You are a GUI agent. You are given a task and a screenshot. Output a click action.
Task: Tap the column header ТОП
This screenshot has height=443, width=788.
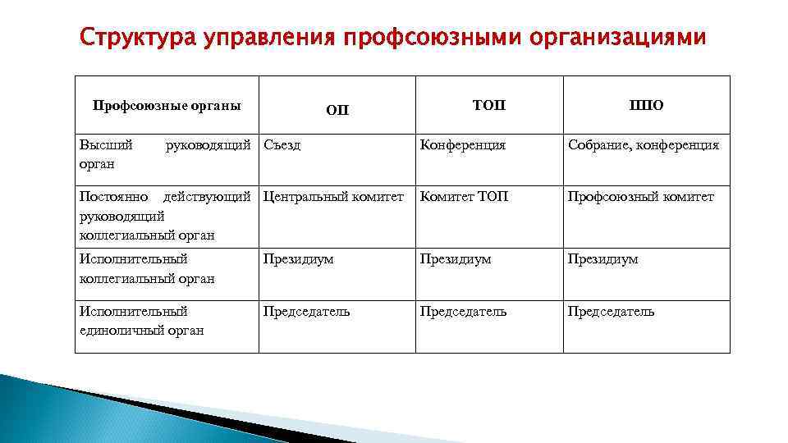pos(489,105)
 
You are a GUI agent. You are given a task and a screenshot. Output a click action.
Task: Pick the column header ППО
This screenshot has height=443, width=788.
pos(646,105)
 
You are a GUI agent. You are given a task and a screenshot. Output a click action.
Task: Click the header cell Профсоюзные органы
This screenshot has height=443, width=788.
pos(167,105)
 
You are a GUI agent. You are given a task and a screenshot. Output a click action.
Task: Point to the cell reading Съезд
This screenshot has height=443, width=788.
pos(282,145)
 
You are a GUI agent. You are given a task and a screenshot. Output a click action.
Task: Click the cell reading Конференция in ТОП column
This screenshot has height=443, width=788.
pos(462,145)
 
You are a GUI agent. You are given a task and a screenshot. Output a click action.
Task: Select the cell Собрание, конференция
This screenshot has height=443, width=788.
pos(644,145)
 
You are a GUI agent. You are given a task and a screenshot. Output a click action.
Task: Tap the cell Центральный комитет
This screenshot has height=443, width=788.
pos(333,197)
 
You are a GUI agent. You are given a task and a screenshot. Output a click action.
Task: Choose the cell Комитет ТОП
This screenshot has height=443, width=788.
pos(464,197)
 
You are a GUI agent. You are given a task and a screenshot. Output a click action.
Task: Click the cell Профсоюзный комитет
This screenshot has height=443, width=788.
pos(640,197)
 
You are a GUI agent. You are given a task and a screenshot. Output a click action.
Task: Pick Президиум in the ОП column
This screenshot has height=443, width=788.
pos(298,259)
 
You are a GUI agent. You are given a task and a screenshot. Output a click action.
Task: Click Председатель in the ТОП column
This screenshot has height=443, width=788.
pos(463,312)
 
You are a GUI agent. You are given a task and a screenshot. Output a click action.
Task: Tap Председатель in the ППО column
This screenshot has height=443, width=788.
pos(611,312)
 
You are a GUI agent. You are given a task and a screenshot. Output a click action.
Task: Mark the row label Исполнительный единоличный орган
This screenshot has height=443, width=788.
pos(140,321)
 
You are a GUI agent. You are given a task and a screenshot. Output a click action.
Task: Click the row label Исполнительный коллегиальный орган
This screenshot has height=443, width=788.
pos(146,268)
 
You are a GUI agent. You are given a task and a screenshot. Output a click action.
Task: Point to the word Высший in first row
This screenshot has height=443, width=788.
pos(105,145)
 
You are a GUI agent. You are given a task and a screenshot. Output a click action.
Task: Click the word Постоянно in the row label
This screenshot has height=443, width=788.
pos(113,197)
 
